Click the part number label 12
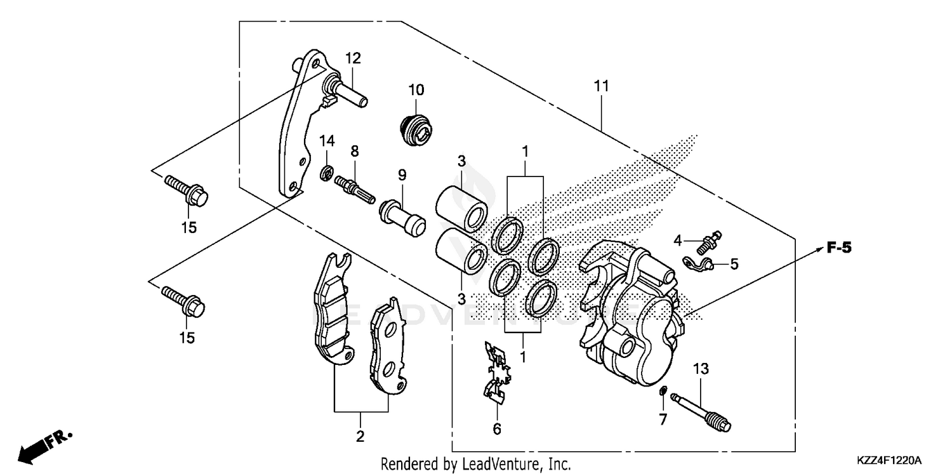click(353, 58)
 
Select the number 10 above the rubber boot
click(416, 89)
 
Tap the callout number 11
click(601, 86)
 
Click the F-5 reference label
click(838, 248)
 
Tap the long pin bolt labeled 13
click(704, 411)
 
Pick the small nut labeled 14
click(327, 171)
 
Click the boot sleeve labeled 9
click(401, 216)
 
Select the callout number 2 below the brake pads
click(360, 437)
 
